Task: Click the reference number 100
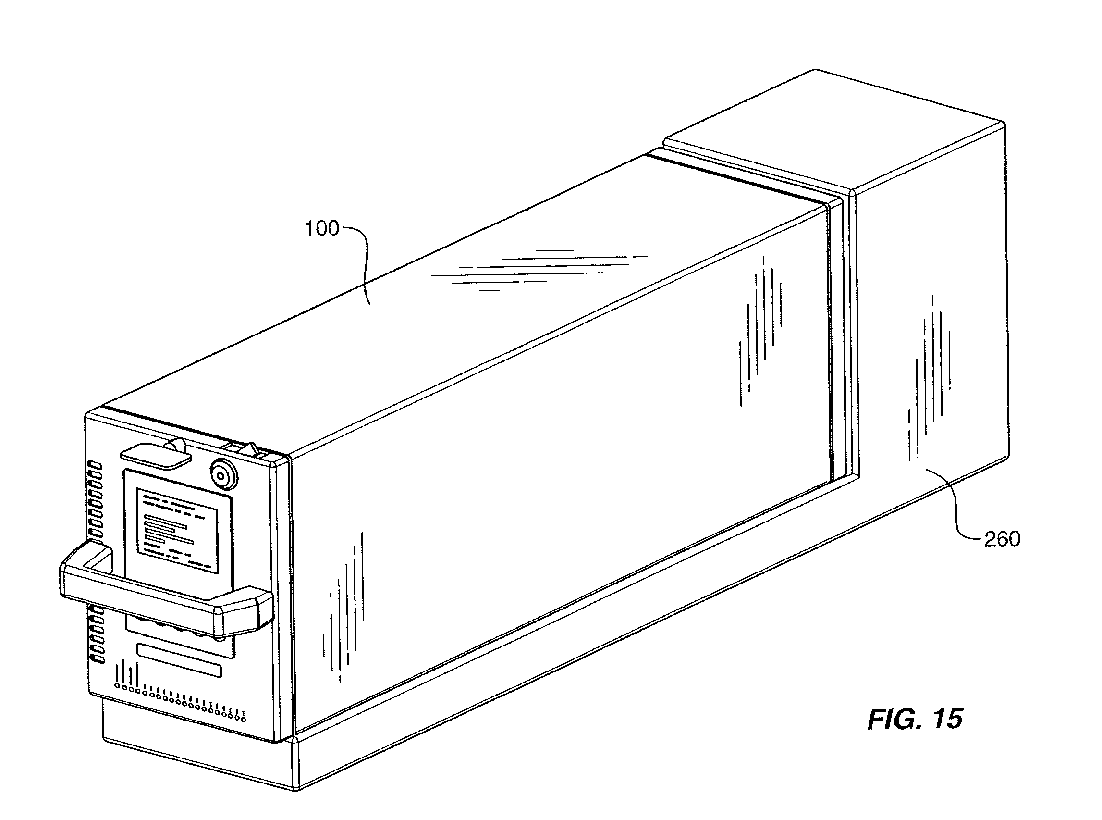click(321, 228)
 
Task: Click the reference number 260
click(1002, 538)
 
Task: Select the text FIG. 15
click(915, 719)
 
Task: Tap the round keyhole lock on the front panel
click(223, 474)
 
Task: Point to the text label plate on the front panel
click(178, 530)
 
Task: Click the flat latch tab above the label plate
click(155, 455)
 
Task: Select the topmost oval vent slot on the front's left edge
click(95, 466)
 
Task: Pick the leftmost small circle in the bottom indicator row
click(117, 686)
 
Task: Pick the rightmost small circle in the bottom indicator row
click(243, 718)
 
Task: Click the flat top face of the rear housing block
click(833, 132)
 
